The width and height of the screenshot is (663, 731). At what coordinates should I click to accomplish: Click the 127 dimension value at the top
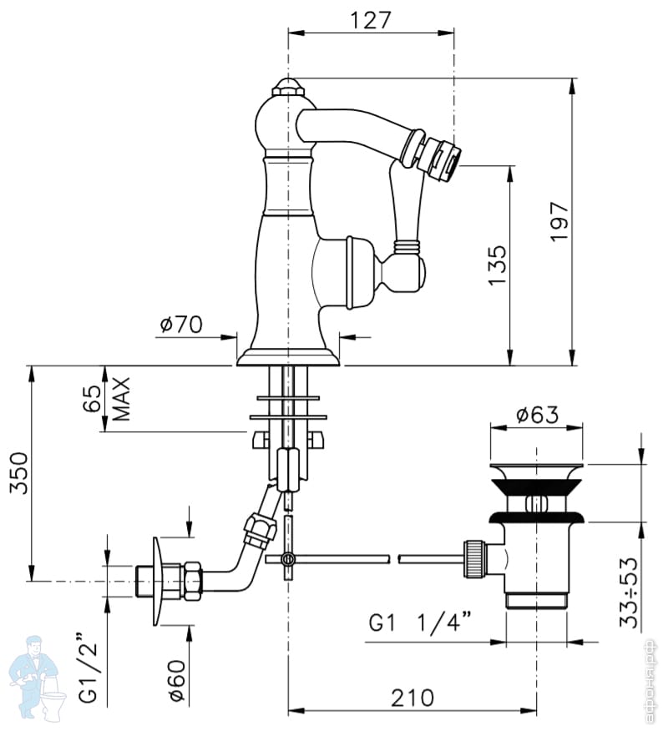point(371,19)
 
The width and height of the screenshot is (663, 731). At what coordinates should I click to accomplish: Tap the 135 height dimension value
point(497,265)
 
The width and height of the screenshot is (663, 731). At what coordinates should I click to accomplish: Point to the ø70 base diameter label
point(180,323)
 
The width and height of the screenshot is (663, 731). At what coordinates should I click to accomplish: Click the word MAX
point(121,399)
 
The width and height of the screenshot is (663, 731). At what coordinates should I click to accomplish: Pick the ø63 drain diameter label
point(536,415)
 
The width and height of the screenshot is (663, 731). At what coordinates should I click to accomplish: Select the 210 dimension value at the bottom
point(412,698)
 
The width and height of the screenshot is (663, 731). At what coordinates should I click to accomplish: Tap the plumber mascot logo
point(35,676)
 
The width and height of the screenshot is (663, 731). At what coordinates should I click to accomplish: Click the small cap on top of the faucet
point(287,86)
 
